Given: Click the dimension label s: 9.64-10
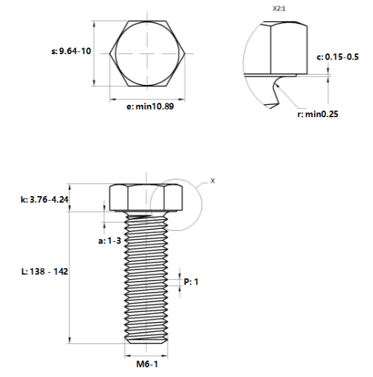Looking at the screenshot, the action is [x=71, y=51].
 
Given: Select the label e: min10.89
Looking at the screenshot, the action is [x=150, y=106].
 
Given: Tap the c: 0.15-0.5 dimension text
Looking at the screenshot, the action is [x=337, y=57].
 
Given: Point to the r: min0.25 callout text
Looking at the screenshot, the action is [x=317, y=114].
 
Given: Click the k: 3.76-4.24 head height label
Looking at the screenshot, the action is [x=45, y=199].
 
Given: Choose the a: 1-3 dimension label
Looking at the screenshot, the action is [x=110, y=241].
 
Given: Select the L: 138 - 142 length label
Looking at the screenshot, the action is [x=45, y=271].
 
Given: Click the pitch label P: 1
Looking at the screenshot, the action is [x=191, y=282].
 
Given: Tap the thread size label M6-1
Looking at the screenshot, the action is [x=147, y=364].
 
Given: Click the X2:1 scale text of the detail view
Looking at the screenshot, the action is [x=279, y=9].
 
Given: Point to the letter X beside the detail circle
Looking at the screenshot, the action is [x=213, y=181].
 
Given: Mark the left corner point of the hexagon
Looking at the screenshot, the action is [x=110, y=53].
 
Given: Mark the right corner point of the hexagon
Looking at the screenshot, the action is [x=185, y=53].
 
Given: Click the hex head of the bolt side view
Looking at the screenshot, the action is [x=146, y=198].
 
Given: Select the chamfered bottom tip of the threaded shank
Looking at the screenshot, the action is [x=146, y=341].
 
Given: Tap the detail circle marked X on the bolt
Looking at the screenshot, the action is [x=150, y=204].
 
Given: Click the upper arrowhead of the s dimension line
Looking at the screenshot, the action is [x=94, y=25].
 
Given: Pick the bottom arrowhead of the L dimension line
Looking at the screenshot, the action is [x=69, y=340].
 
